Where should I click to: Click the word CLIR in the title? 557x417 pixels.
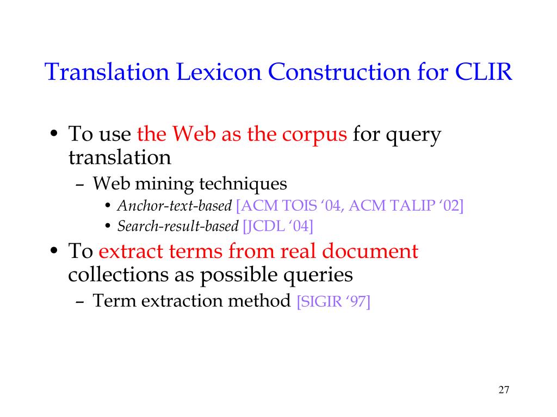(x=484, y=72)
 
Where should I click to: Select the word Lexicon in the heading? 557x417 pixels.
(x=219, y=72)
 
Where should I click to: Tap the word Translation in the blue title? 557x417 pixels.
(x=107, y=72)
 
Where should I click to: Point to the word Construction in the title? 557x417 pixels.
(x=339, y=72)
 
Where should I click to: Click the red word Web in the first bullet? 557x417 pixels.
(x=194, y=134)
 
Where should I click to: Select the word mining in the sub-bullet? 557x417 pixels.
(x=164, y=184)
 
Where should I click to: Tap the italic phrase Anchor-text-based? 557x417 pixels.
(x=175, y=206)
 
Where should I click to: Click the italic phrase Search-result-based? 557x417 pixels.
(x=178, y=226)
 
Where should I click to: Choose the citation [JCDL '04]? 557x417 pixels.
(x=278, y=226)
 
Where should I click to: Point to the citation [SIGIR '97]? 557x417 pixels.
(x=333, y=301)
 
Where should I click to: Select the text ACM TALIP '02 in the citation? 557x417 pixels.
(x=404, y=206)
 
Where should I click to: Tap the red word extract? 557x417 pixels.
(x=131, y=251)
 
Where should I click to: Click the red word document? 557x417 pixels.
(x=370, y=251)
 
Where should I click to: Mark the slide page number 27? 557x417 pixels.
(x=504, y=390)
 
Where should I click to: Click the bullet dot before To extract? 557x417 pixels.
(x=54, y=250)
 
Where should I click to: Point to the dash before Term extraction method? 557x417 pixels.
(x=80, y=302)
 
